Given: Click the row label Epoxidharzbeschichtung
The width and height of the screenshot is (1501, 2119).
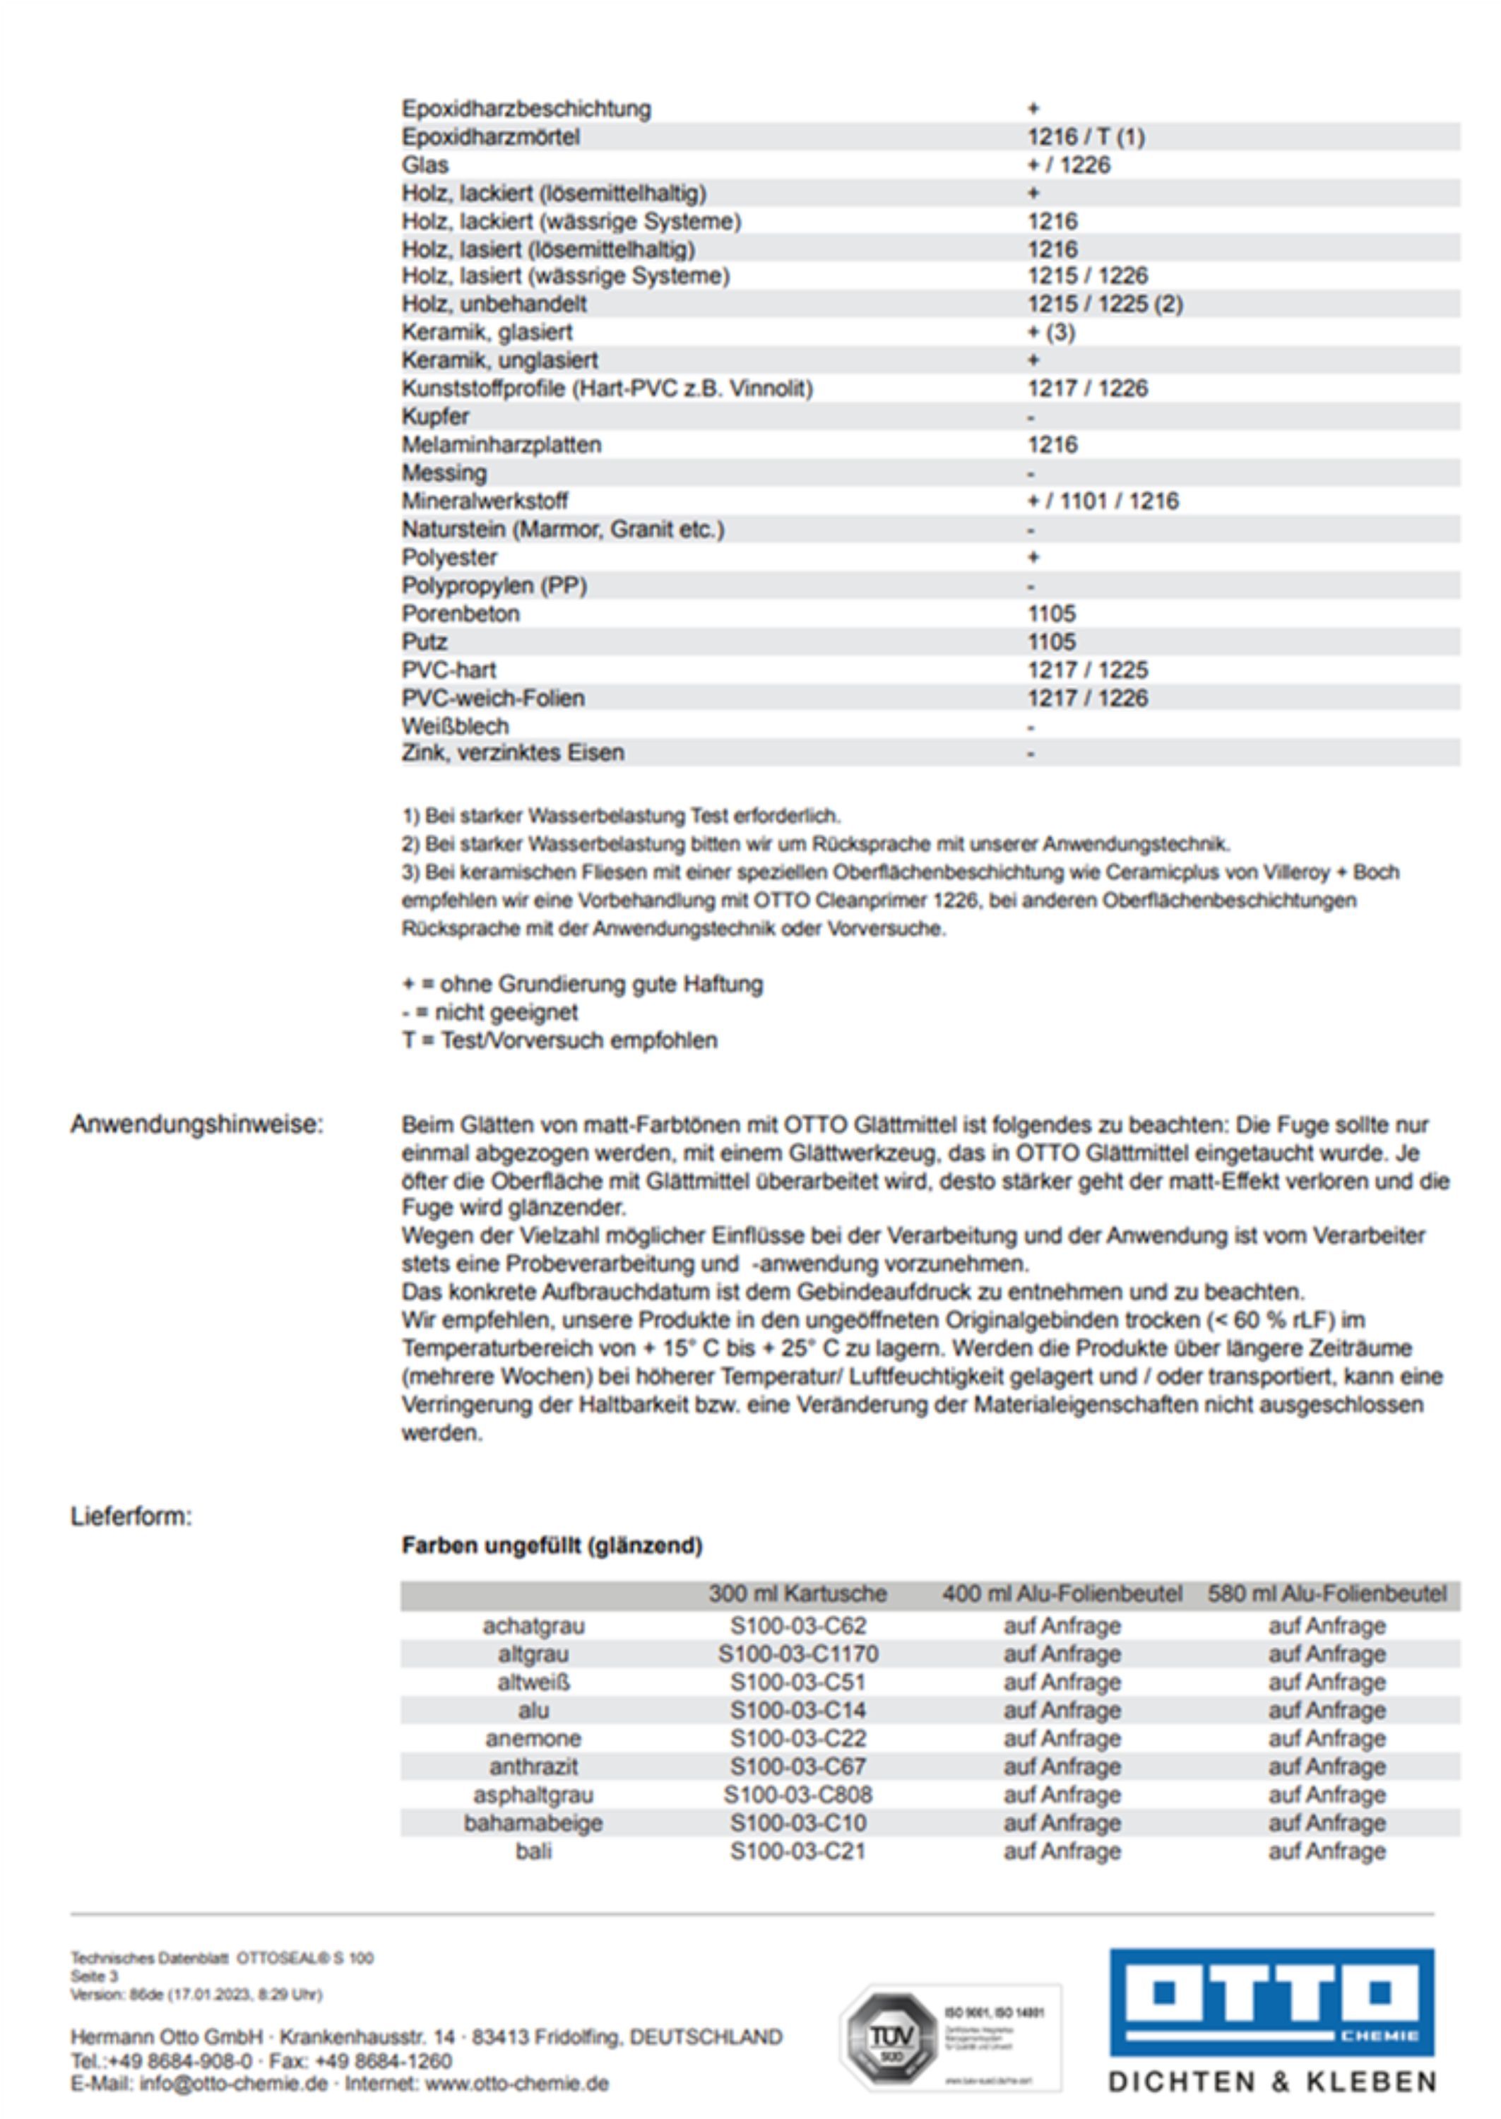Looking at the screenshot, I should [526, 109].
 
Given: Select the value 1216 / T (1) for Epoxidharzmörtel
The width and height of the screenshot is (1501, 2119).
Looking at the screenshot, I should [1086, 138].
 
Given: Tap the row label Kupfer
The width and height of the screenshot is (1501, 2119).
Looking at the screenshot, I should [435, 417].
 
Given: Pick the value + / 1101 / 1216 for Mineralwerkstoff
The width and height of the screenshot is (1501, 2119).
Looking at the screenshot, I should [1103, 501].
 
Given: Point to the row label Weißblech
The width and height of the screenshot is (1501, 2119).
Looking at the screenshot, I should [455, 726].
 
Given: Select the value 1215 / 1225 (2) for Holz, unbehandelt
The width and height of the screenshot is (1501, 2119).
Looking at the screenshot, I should [1105, 304].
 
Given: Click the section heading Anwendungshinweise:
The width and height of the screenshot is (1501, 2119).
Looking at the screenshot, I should [197, 1124].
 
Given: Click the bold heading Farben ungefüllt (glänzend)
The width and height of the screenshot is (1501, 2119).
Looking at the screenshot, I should [552, 1545].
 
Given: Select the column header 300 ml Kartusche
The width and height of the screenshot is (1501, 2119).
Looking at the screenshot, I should [797, 1594].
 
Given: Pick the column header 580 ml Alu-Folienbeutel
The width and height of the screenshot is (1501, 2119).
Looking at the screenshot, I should [1327, 1594].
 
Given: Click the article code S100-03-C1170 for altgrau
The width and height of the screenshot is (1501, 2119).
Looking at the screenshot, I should [797, 1654].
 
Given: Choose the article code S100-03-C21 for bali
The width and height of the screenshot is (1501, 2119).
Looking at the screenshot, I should [797, 1851].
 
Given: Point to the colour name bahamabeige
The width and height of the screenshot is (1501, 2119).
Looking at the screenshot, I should [533, 1822].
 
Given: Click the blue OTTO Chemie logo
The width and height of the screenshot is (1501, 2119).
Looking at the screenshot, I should [1271, 2002].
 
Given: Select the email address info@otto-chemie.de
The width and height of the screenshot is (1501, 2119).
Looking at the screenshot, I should [234, 2084].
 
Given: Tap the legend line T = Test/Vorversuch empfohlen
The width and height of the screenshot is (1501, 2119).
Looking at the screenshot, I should [559, 1040].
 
